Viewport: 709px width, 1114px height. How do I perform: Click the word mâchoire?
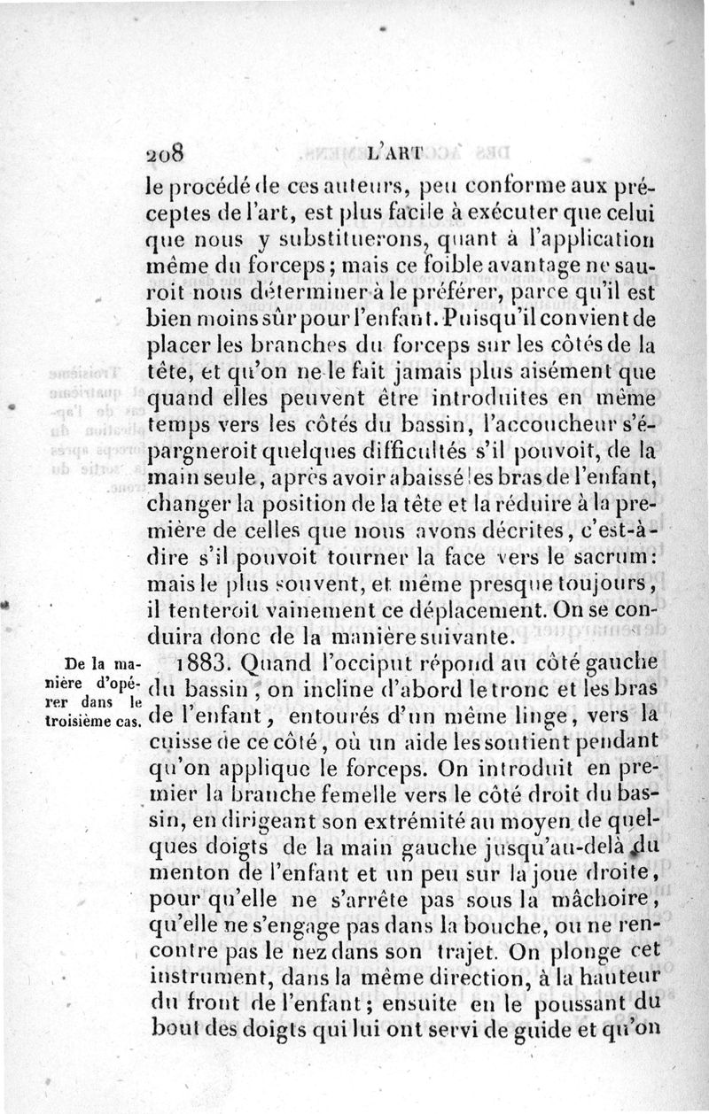tap(603, 900)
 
